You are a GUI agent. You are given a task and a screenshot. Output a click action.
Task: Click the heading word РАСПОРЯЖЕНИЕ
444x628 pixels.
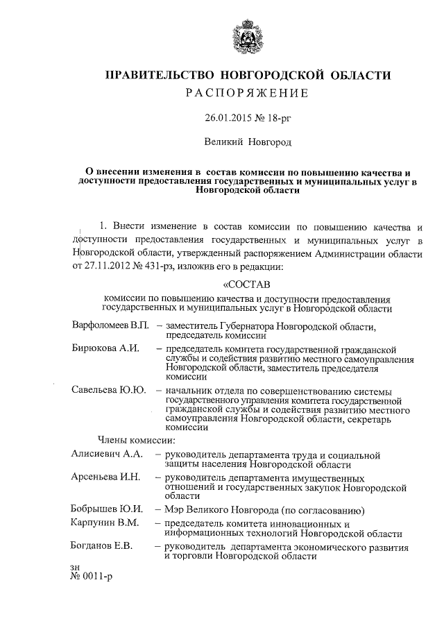247,93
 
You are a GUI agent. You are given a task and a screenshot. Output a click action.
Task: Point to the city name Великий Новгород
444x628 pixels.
248,142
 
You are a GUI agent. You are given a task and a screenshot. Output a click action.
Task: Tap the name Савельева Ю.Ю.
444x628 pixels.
108,389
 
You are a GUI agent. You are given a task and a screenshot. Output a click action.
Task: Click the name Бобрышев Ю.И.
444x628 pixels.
107,509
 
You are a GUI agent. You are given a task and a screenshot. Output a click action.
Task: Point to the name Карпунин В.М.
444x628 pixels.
105,522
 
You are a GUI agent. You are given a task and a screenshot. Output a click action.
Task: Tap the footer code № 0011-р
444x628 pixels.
91,577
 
